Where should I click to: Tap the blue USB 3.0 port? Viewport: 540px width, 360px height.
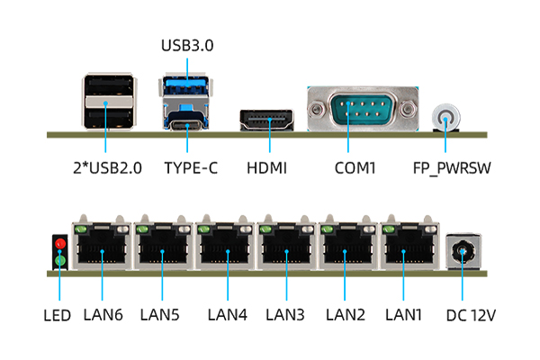tap(187, 88)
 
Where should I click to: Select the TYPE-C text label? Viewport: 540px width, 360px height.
tap(191, 167)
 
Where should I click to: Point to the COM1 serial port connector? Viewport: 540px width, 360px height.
tap(363, 112)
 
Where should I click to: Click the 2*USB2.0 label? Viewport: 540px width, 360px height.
tap(106, 167)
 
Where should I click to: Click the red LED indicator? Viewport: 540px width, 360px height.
tap(60, 244)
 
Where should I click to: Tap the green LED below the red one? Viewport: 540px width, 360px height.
tap(60, 261)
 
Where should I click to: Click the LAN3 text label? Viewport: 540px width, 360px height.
tap(285, 315)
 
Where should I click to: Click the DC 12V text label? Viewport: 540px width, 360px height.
tap(471, 315)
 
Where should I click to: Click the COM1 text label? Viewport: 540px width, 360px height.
tap(355, 167)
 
